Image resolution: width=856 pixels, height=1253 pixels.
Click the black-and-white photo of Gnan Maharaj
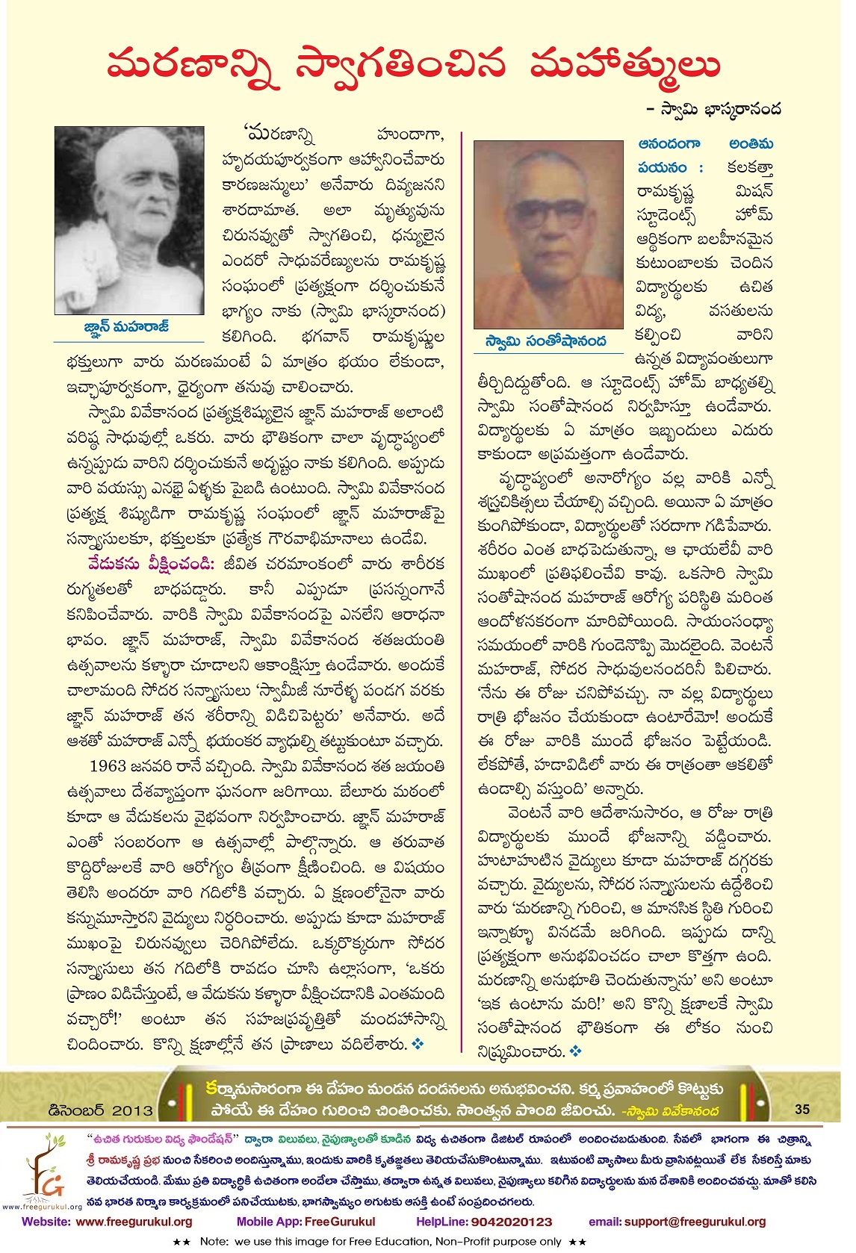pyautogui.click(x=130, y=220)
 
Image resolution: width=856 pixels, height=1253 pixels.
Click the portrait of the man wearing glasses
pyautogui.click(x=549, y=235)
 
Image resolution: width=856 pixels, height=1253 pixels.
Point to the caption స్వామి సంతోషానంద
pyautogui.click(x=545, y=341)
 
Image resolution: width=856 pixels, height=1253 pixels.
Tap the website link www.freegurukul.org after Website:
pyautogui.click(x=134, y=1222)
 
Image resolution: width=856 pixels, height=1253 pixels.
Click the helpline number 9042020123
pyautogui.click(x=511, y=1222)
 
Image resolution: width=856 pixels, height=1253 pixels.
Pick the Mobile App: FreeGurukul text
pyautogui.click(x=306, y=1222)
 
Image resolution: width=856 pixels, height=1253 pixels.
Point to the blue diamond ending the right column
pyautogui.click(x=575, y=1051)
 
